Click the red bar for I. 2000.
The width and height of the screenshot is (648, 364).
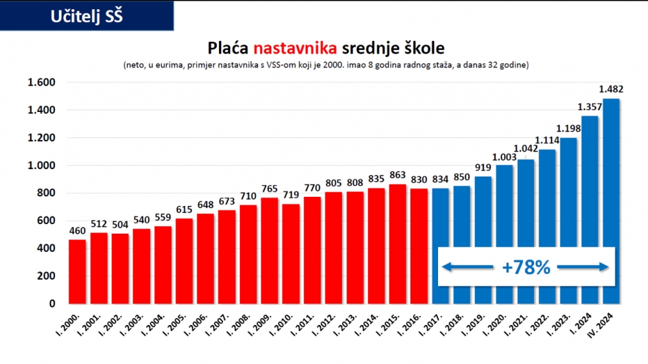77,271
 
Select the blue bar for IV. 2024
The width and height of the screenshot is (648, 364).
611,201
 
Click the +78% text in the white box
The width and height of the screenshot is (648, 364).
526,267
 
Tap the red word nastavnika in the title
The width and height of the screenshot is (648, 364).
295,49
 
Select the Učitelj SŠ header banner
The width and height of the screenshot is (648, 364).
87,16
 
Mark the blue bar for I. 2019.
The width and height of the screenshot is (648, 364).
483,240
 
